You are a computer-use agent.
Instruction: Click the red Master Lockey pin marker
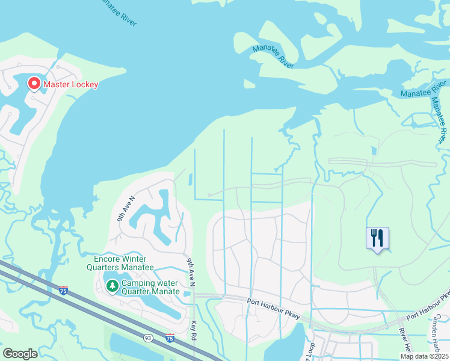coord(34,84)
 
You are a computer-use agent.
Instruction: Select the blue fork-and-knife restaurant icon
coord(377,238)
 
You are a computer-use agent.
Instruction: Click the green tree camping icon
coord(112,286)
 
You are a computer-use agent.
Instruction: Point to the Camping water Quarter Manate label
coord(150,287)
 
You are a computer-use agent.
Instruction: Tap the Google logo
coord(20,353)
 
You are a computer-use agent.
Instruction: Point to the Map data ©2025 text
coord(424,356)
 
